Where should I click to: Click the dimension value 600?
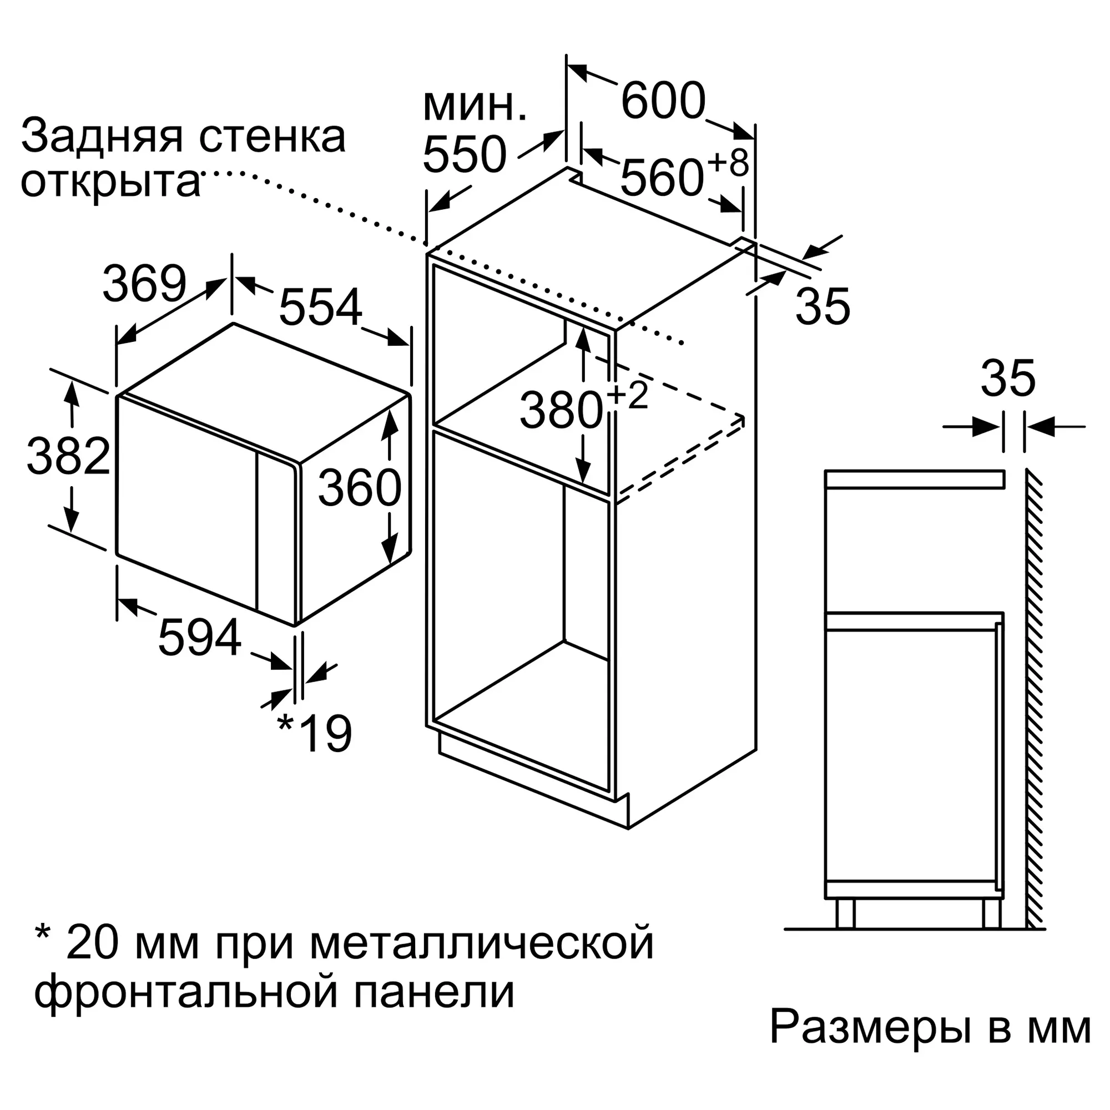(x=663, y=101)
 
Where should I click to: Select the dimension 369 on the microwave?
(x=145, y=283)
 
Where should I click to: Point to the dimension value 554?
(x=321, y=307)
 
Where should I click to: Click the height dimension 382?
(x=68, y=456)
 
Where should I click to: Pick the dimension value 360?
(x=360, y=487)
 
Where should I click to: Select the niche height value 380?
(x=561, y=410)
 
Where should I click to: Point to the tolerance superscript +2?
(x=627, y=395)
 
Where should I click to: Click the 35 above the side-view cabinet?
(x=1008, y=379)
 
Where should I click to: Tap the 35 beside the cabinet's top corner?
(x=823, y=306)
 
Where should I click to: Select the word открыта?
(x=110, y=183)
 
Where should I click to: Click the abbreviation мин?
(x=475, y=107)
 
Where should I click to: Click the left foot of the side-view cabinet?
(x=845, y=914)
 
